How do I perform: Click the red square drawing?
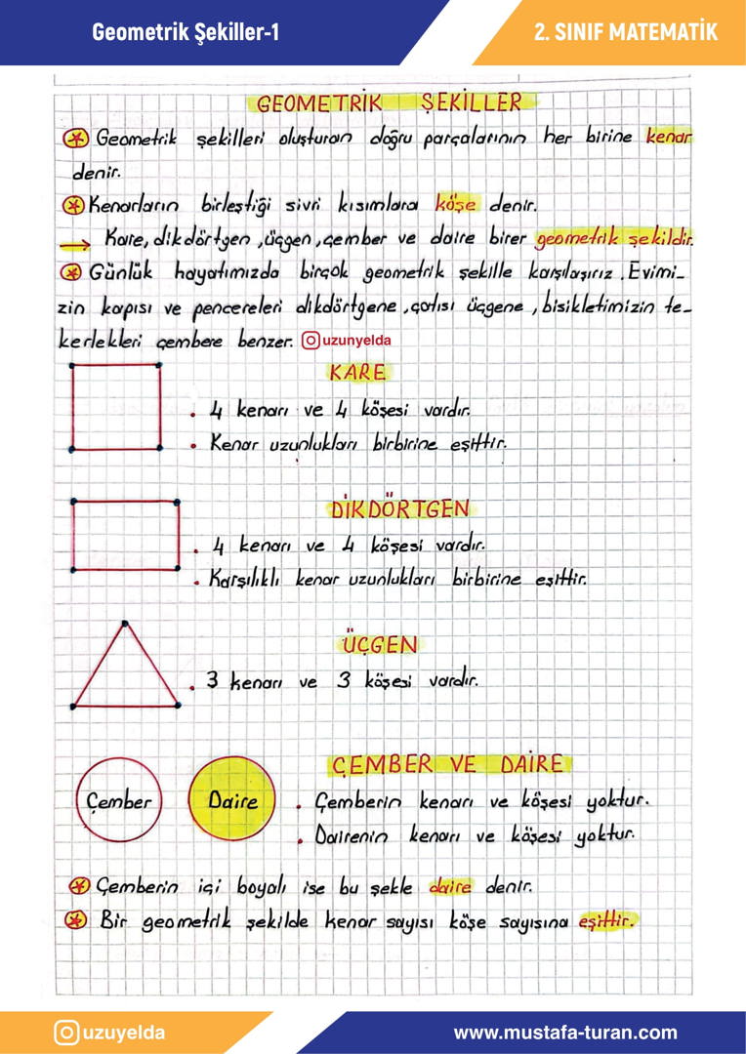click(x=116, y=407)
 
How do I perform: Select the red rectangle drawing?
click(x=125, y=535)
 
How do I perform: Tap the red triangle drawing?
click(x=125, y=669)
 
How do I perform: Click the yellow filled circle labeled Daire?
click(x=232, y=801)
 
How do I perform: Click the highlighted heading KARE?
click(x=357, y=372)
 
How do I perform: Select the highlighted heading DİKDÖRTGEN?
click(x=400, y=509)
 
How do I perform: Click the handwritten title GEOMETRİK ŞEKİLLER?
click(x=389, y=102)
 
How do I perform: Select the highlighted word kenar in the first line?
click(x=669, y=138)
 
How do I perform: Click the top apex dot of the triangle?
click(x=124, y=621)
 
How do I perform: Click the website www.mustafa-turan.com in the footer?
click(x=564, y=1033)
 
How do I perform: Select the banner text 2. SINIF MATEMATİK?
click(x=626, y=32)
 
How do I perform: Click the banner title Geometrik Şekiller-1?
click(x=186, y=32)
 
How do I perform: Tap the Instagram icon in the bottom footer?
click(x=66, y=1033)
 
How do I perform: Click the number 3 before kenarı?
click(x=209, y=681)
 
